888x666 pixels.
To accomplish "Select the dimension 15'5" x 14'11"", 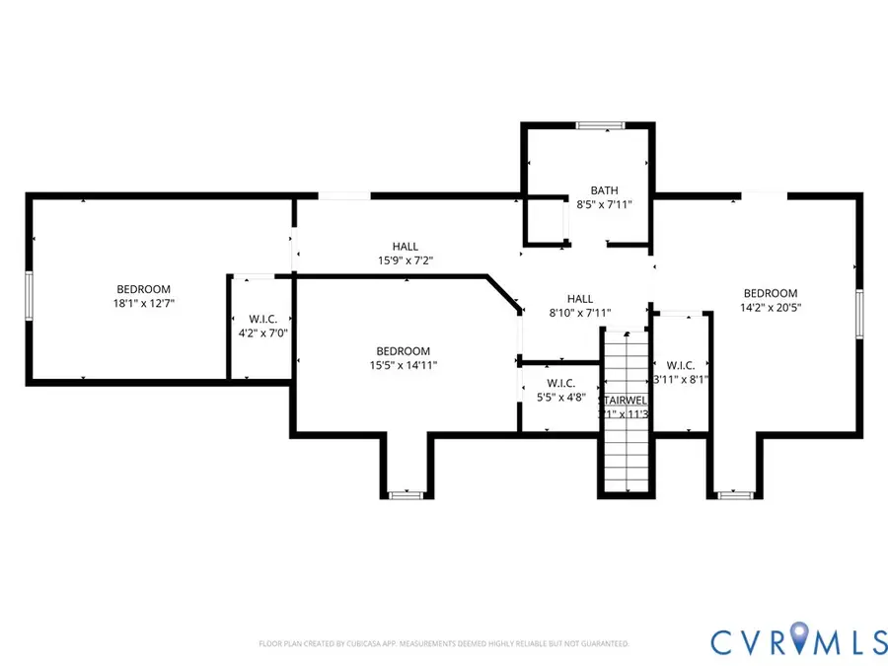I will pyautogui.click(x=403, y=365).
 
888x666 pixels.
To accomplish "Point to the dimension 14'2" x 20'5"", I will pyautogui.click(x=770, y=307).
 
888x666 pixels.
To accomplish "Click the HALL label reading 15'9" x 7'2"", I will pyautogui.click(x=405, y=260).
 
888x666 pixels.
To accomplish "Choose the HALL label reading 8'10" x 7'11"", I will pyautogui.click(x=579, y=313).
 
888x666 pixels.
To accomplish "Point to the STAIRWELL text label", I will pyautogui.click(x=625, y=400).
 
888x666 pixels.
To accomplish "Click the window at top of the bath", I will pyautogui.click(x=601, y=125).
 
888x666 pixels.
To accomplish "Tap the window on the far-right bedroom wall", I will pyautogui.click(x=859, y=315).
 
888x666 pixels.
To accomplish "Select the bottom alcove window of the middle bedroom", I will pyautogui.click(x=405, y=494).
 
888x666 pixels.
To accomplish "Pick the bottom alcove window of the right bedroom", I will pyautogui.click(x=733, y=494).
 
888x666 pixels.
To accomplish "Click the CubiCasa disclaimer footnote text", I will pyautogui.click(x=443, y=643).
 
